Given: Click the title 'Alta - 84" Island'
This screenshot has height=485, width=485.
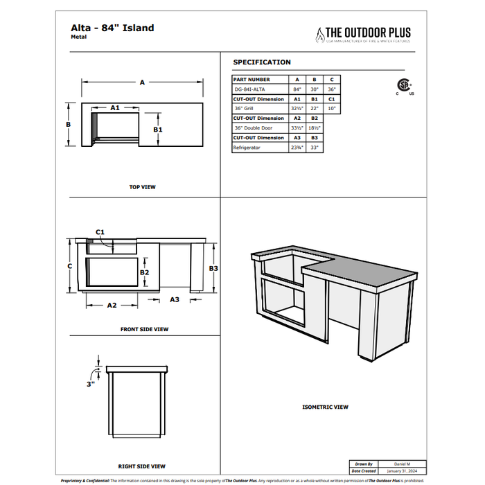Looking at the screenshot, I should point(112,28).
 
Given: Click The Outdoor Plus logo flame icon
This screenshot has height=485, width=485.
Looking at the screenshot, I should point(320,35).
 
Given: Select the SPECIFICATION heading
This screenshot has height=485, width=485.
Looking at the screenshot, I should point(262,62).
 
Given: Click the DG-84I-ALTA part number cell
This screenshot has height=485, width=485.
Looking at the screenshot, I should point(249,89).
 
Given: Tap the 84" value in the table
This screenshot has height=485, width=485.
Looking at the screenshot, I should point(297,89).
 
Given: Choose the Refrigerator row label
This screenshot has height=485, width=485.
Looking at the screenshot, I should point(247,148).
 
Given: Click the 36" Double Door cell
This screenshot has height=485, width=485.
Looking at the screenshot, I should point(253,128).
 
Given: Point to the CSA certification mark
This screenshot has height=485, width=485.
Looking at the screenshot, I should point(403,86).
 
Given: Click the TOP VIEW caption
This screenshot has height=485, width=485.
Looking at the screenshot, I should point(143,187).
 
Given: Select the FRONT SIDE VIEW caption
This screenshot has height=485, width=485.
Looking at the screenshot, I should point(144,329).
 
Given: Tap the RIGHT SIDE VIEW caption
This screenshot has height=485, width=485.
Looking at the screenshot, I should point(141,466).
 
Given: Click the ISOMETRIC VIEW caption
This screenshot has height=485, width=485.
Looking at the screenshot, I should point(326,407).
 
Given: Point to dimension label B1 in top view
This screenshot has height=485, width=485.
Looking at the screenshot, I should point(158,130).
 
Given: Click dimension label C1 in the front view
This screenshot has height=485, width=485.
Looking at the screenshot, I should point(100,231).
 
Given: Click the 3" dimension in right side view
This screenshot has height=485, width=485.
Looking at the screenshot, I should point(91,383).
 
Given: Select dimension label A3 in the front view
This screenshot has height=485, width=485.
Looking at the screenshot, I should point(175,299).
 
